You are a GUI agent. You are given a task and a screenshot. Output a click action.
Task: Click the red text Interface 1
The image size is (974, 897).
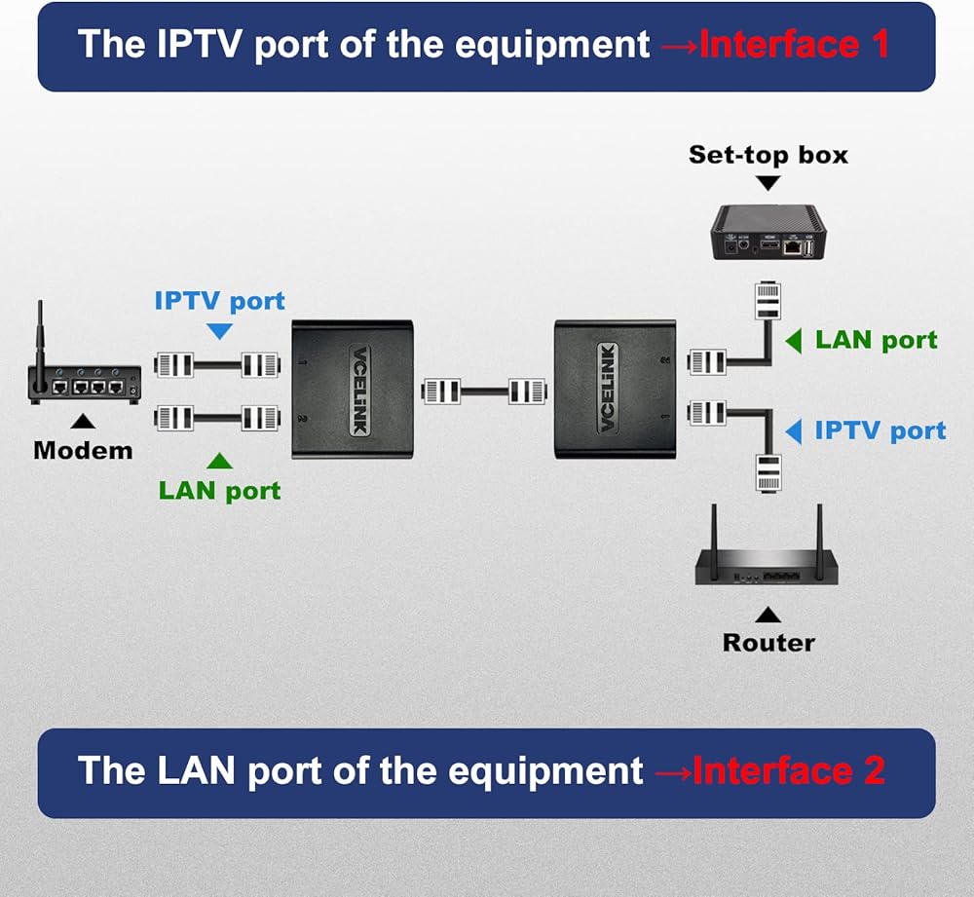pyautogui.click(x=794, y=45)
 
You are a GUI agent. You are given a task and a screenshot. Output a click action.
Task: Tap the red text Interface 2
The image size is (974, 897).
pyautogui.click(x=789, y=771)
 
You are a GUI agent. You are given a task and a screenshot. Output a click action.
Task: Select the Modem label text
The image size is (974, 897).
pyautogui.click(x=83, y=451)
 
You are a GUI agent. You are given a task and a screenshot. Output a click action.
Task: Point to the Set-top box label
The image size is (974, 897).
pyautogui.click(x=768, y=154)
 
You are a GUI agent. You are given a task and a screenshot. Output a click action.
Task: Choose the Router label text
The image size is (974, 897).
pyautogui.click(x=768, y=643)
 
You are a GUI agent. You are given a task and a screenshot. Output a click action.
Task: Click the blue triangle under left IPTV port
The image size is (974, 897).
pyautogui.click(x=220, y=332)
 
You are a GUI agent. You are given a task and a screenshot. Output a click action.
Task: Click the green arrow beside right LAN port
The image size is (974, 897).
pyautogui.click(x=794, y=341)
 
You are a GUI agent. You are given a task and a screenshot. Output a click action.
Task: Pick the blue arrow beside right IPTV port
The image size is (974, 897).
pyautogui.click(x=794, y=430)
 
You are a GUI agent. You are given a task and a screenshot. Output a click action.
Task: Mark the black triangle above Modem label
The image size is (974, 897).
pyautogui.click(x=84, y=422)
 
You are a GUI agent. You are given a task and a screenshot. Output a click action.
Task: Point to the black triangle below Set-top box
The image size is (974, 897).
pyautogui.click(x=768, y=182)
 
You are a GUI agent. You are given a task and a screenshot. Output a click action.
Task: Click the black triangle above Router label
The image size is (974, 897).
pyautogui.click(x=768, y=615)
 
